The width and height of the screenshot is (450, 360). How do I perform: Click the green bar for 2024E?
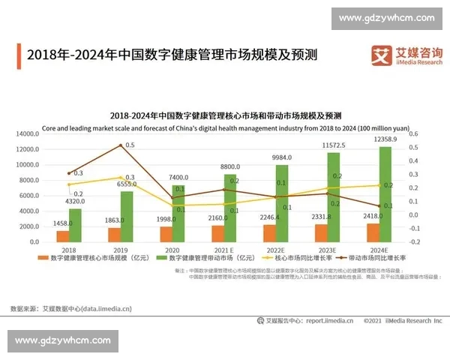(x=385, y=194)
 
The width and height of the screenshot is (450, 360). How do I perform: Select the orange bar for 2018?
(x=62, y=236)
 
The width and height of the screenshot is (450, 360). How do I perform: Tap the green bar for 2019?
(x=127, y=217)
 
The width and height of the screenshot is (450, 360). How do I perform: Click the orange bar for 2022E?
(x=271, y=233)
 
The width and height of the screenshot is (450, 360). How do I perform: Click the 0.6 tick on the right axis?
(x=413, y=134)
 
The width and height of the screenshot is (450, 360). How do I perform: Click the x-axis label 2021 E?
(x=224, y=250)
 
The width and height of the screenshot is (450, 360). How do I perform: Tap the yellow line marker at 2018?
(x=68, y=184)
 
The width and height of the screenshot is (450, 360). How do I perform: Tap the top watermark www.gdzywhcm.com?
(x=386, y=18)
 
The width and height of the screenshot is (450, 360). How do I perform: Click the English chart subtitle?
(x=225, y=127)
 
